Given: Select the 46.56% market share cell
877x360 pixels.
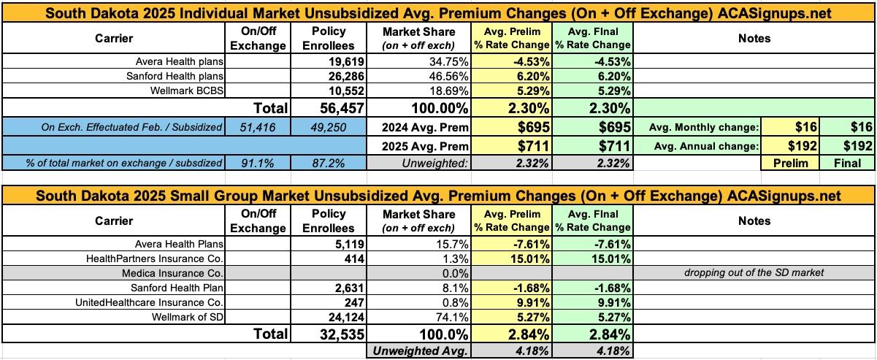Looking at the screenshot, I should point(434,76).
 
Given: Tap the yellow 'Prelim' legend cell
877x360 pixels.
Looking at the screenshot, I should point(791,163).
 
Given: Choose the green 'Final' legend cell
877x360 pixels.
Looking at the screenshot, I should point(847,163).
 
